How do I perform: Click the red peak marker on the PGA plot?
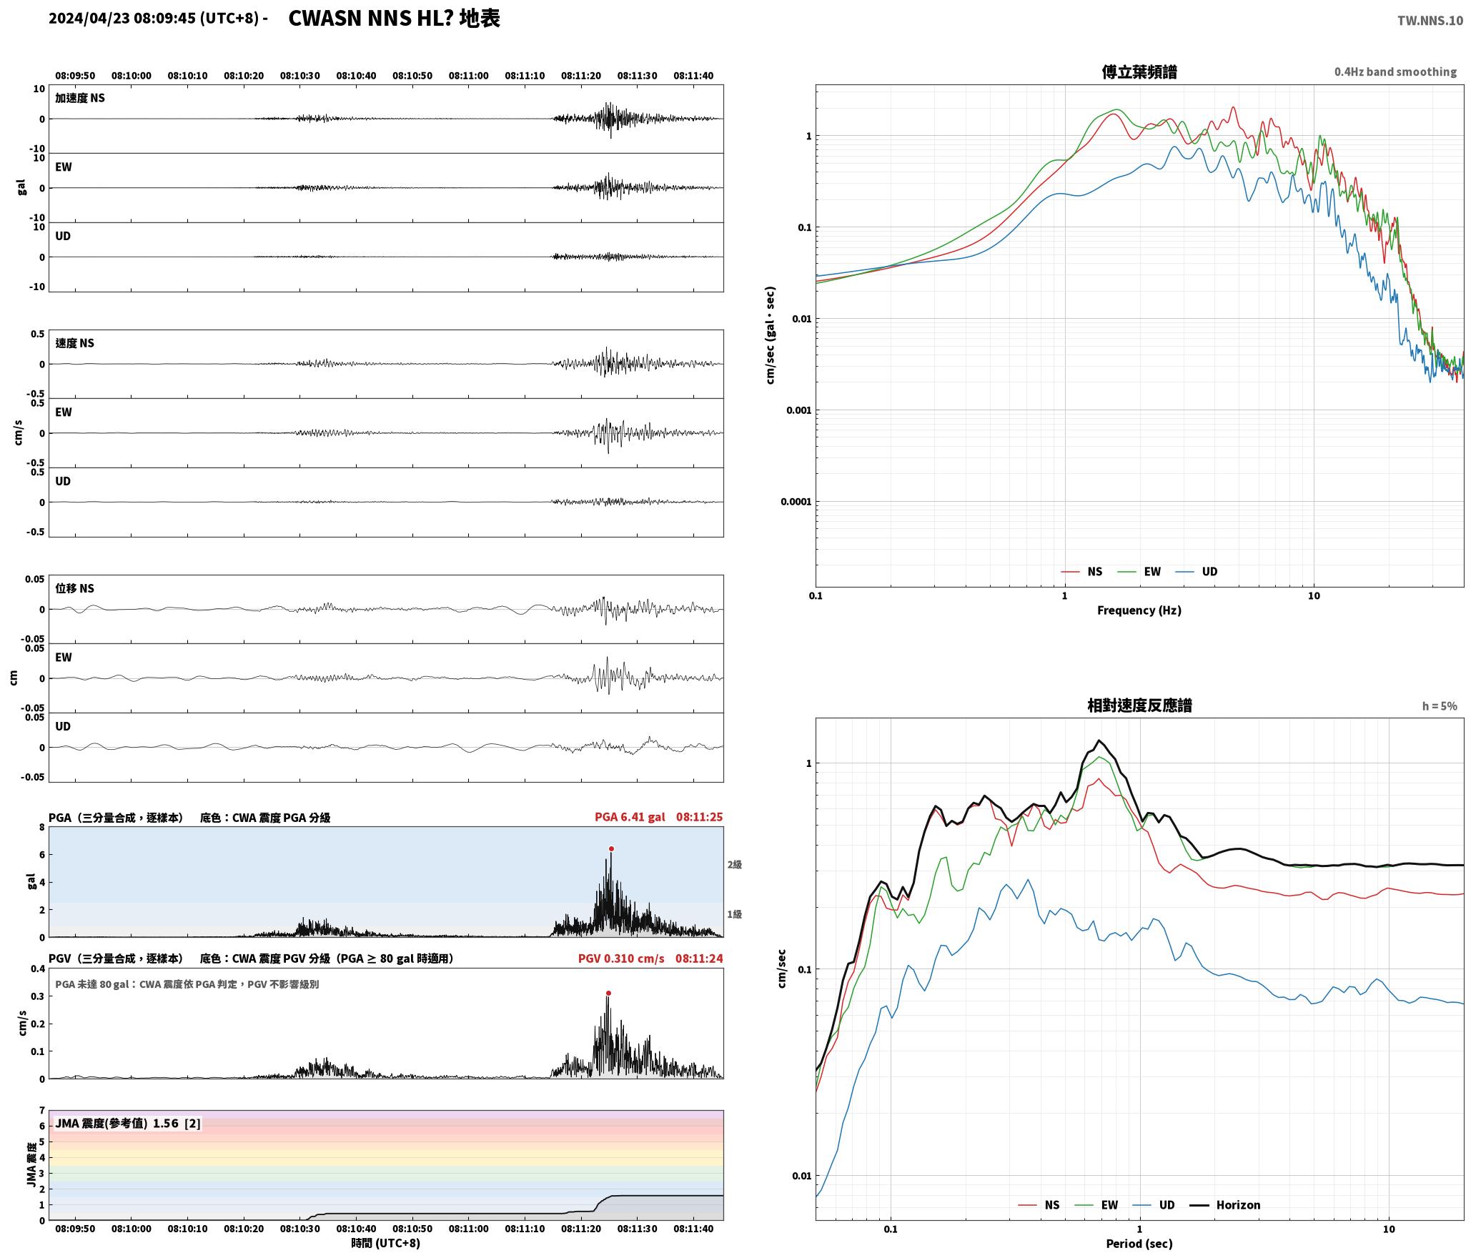pyautogui.click(x=611, y=848)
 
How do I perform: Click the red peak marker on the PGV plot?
pyautogui.click(x=608, y=993)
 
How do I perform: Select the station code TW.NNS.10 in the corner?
pyautogui.click(x=1430, y=21)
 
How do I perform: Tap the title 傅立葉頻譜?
pyautogui.click(x=1139, y=72)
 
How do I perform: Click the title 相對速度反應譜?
pyautogui.click(x=1139, y=705)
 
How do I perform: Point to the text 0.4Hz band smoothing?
pyautogui.click(x=1395, y=72)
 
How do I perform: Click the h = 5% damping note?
pyautogui.click(x=1440, y=706)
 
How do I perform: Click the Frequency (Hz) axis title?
pyautogui.click(x=1139, y=610)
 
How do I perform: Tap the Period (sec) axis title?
pyautogui.click(x=1139, y=1244)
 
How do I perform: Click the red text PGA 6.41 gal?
pyautogui.click(x=630, y=817)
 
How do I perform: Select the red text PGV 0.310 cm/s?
pyautogui.click(x=621, y=959)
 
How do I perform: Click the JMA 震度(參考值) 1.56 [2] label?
pyautogui.click(x=128, y=1123)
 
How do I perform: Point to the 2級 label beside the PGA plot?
pyautogui.click(x=735, y=865)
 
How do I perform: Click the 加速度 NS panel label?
pyautogui.click(x=80, y=98)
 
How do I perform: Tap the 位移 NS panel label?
pyautogui.click(x=74, y=588)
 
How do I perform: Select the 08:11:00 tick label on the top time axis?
pyautogui.click(x=469, y=76)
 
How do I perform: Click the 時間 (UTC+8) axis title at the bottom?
pyautogui.click(x=386, y=1243)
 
